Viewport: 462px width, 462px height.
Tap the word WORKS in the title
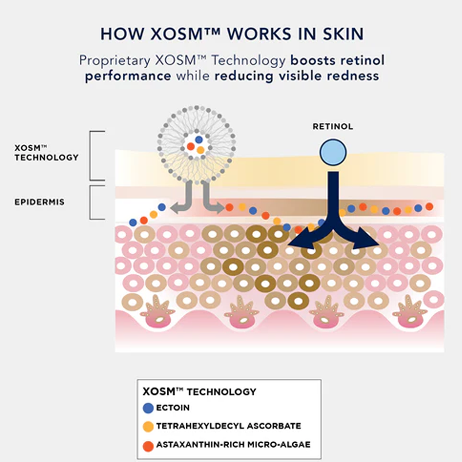coord(259,34)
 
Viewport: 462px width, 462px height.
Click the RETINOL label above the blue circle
coord(333,126)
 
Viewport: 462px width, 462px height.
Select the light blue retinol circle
coord(333,153)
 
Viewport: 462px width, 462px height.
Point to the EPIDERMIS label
coord(39,202)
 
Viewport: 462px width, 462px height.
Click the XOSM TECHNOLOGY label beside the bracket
coord(47,153)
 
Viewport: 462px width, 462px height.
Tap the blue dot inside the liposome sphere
coord(199,140)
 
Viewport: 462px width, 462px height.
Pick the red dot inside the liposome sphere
coord(191,146)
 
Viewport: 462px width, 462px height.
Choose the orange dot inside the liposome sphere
coord(200,150)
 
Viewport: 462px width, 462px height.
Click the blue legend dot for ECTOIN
coord(148,408)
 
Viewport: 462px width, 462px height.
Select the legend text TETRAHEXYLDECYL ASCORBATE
coord(229,426)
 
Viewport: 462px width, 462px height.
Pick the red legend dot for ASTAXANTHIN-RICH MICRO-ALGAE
coord(148,446)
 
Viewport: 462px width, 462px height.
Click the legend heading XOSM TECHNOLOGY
coord(200,392)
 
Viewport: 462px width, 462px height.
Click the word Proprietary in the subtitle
coord(115,61)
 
